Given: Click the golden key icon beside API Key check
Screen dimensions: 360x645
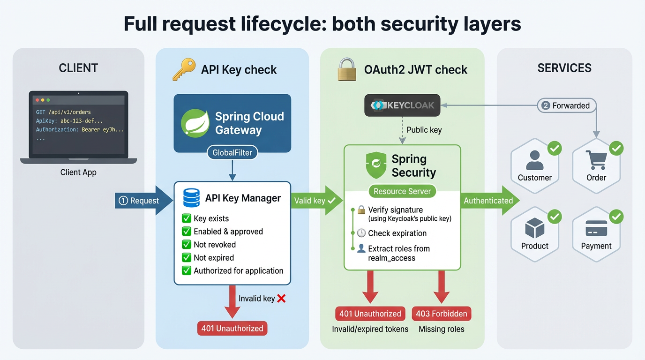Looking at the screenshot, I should pos(184,69).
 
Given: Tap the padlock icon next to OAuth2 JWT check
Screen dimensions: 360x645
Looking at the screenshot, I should pos(347,69).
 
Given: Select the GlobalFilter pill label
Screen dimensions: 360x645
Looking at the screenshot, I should pos(232,152).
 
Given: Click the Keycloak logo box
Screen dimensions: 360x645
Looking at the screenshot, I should pos(403,105).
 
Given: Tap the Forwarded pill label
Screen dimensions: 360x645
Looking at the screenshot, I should pos(566,105).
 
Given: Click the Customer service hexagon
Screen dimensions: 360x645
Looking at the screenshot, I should pos(534,166).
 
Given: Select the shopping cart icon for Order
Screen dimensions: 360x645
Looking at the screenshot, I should pos(596,160).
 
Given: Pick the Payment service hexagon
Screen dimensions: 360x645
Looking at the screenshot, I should pos(596,234).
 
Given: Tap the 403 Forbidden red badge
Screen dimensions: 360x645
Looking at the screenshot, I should pos(441,314).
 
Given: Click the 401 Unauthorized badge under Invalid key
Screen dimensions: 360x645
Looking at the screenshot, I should pos(232,328).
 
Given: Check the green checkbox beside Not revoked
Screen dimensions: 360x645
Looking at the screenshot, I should pos(186,245).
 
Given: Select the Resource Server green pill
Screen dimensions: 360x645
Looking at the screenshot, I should pos(402,191).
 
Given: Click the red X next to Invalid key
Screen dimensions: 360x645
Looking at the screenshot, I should pos(281,298).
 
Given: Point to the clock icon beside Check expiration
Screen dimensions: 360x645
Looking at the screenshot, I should pos(361,233).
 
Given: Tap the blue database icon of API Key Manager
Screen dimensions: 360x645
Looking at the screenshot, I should pos(191,198).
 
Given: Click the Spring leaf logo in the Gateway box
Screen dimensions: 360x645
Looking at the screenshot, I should pos(195,123).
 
